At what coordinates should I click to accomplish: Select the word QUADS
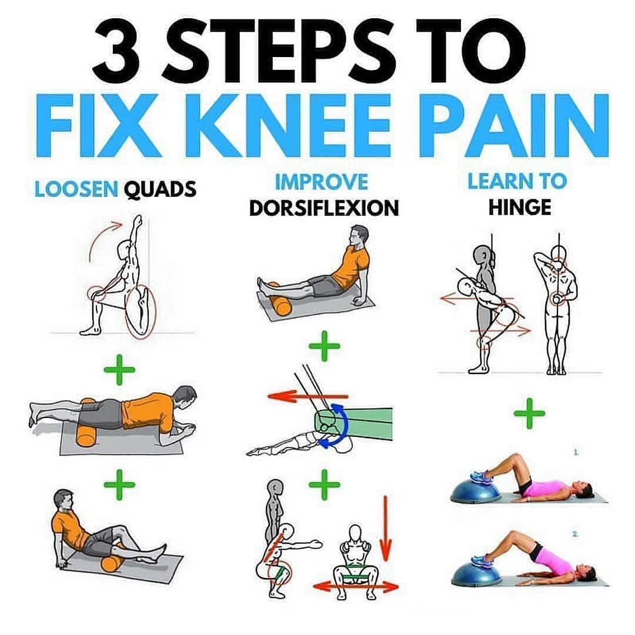(160, 189)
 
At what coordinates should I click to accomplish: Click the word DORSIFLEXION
(324, 208)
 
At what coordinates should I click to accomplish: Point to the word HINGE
(520, 208)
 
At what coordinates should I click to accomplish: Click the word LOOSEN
(76, 189)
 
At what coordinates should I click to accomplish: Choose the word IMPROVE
(322, 182)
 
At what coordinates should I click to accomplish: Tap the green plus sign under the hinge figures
(529, 413)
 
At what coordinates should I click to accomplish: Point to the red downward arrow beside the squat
(386, 528)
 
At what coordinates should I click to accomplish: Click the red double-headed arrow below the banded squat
(356, 586)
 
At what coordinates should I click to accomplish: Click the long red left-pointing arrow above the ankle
(308, 396)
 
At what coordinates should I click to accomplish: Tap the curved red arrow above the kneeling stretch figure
(100, 237)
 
